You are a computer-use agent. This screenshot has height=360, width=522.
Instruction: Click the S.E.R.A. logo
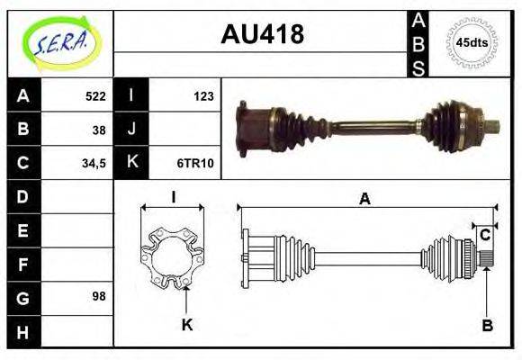pos(59,42)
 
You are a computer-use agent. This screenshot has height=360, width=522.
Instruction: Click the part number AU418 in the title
pos(262,35)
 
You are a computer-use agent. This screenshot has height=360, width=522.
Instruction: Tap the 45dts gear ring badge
pos(472,42)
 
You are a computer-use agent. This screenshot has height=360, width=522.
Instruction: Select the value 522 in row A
pos(95,94)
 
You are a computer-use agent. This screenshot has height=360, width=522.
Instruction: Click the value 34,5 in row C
pos(94,163)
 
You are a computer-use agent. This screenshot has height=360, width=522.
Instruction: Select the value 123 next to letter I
pos(203,94)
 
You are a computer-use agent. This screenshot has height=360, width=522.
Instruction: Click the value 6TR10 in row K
pos(195,163)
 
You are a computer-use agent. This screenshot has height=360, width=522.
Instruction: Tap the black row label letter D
pos(23,196)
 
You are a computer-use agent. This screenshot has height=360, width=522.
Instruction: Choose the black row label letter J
pos(132,129)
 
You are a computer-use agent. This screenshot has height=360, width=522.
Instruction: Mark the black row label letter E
pos(23,230)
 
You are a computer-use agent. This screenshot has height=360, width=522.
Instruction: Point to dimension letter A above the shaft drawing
pos(364,200)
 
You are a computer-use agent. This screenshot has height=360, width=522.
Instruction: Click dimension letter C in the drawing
pos(485,236)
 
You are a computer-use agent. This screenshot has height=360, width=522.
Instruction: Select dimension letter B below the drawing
pos(487,326)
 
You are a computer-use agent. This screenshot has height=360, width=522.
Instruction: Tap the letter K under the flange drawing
pos(187,325)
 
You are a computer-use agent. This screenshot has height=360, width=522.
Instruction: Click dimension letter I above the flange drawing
pos(172,196)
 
